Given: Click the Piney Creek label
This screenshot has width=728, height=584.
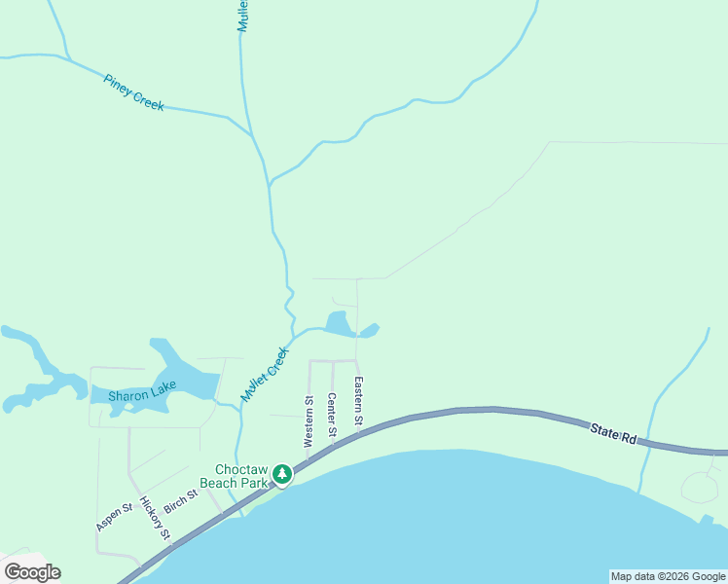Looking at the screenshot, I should [133, 92].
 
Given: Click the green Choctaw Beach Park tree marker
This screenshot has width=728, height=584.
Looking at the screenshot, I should [282, 474].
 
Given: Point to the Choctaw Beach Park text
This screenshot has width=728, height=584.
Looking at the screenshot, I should [234, 474].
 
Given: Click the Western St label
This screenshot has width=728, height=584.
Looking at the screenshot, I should [309, 415].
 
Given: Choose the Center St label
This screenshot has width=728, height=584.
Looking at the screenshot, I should [332, 414].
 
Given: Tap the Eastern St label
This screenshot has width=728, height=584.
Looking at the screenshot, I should [358, 401].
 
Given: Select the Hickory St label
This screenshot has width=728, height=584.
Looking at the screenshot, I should [156, 519].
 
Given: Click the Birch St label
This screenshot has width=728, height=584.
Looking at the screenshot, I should [181, 500].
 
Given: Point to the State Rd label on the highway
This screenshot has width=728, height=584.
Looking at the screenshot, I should [613, 433].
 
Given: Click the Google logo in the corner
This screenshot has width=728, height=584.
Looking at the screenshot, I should [32, 572].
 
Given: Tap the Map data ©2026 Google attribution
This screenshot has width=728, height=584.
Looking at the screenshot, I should [668, 576].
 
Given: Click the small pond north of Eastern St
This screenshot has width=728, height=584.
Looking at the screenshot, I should [340, 324].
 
